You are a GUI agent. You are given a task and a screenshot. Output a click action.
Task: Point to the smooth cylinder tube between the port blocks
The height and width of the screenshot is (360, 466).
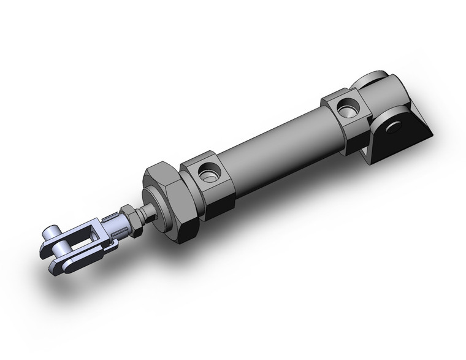(276, 147)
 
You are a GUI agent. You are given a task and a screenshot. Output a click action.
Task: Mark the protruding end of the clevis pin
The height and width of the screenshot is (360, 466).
(48, 237)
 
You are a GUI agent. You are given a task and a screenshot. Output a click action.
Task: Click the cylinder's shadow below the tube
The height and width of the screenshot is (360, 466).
(276, 202)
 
